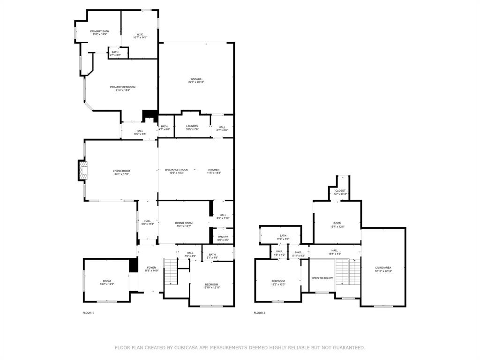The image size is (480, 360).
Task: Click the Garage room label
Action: [196, 79]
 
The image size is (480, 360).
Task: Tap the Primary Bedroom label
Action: [122, 87]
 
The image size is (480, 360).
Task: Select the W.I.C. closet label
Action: [140, 34]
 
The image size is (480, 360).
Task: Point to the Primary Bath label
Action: [99, 31]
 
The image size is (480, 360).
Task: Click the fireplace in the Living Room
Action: [82, 170]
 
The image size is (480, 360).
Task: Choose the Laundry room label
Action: [192, 126]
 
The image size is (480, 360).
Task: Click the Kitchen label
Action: [214, 170]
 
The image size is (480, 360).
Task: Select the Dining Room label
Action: [184, 223]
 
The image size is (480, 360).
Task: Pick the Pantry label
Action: [223, 237]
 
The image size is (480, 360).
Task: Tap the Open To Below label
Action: [322, 278]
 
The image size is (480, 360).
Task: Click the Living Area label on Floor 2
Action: [383, 268]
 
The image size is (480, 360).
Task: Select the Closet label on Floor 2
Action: [340, 191]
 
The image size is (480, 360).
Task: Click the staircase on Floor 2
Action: [348, 272]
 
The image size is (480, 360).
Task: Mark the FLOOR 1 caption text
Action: [88, 313]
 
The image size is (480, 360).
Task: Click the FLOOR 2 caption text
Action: [259, 313]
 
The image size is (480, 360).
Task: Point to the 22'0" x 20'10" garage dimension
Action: [196, 82]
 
